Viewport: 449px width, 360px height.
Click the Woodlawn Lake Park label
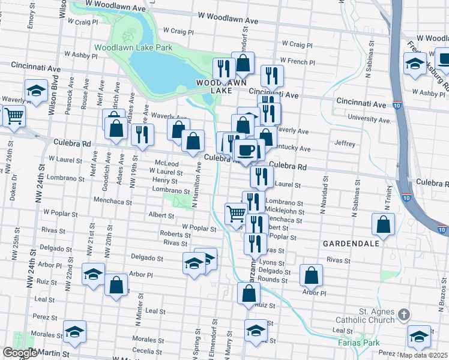pos(133,47)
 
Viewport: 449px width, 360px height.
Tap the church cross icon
pos(404,314)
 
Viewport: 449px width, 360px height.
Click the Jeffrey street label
pos(345,144)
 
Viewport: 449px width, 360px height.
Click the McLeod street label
pos(167,163)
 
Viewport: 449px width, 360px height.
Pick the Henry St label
pos(164,180)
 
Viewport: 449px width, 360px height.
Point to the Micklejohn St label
pos(285,212)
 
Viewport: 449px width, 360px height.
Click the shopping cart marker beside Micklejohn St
pos(235,212)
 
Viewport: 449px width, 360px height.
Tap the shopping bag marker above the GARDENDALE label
pos(383,225)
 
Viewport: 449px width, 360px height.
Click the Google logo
pos(19,353)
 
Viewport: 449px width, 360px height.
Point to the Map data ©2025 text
pos(423,355)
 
